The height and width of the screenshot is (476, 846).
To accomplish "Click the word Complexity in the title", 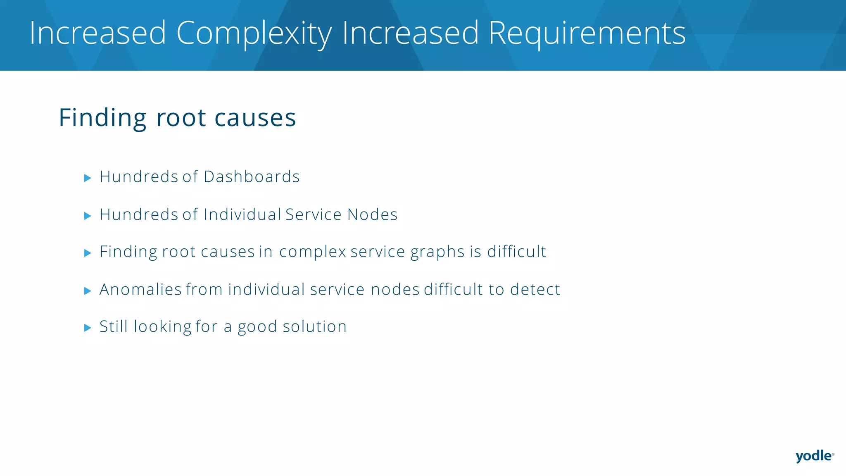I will coord(254,33).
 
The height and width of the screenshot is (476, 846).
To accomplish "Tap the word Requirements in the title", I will coord(587,33).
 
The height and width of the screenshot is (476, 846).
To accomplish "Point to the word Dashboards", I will coord(252,177).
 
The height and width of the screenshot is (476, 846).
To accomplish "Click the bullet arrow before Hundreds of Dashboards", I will coord(88,178).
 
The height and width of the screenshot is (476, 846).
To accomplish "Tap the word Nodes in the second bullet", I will coord(372,214).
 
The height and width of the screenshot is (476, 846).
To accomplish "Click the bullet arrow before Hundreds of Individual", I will coord(88,216).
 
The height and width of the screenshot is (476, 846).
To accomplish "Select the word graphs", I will coord(437,252).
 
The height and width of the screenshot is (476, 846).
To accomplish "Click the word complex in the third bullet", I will coord(312,252).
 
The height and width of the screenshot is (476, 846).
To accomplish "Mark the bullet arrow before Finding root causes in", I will coord(88,253).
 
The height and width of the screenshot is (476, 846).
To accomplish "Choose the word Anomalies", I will coord(140,290).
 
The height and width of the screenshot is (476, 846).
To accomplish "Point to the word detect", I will coord(535,290).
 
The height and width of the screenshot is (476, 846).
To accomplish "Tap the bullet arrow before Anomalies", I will coord(88,291).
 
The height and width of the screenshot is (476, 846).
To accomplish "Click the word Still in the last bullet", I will coord(114,326).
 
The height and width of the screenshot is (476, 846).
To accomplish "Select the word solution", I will coord(314,326).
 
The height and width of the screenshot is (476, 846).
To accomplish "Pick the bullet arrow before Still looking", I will coord(88,328).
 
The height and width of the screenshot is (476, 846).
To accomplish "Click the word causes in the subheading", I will coord(255,118).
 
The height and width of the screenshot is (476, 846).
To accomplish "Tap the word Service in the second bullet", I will coord(314,214).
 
